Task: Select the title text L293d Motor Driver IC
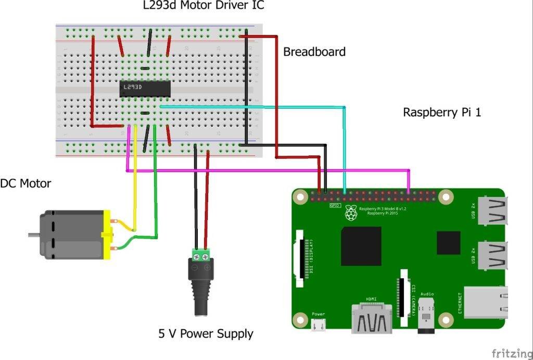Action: [204, 6]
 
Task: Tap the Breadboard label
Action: [314, 52]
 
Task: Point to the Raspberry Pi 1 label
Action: [442, 113]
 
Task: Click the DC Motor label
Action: [25, 183]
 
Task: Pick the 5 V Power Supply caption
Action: [206, 333]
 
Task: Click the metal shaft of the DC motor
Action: [34, 235]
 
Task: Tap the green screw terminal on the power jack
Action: [201, 254]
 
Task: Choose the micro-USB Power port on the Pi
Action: [319, 325]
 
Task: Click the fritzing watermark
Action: [511, 353]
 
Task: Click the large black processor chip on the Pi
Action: [361, 246]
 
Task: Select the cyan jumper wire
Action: [344, 146]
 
